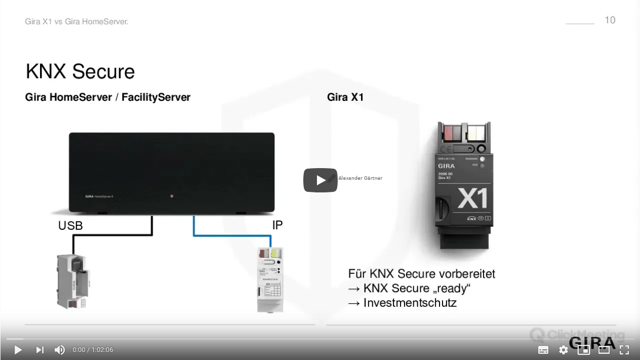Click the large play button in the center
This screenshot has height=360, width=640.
321,180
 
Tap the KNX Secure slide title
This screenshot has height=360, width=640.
80,71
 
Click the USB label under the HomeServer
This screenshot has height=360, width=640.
70,226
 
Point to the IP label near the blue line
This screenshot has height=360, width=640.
277,225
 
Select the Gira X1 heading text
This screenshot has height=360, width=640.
345,97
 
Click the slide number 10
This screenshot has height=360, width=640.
610,20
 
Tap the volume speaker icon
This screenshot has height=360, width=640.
59,350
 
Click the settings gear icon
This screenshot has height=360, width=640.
563,350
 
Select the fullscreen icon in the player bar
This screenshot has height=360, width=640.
624,350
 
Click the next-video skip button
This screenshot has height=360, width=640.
40,350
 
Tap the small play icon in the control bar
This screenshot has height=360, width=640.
18,350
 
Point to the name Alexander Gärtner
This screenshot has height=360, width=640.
360,178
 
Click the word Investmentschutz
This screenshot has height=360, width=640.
410,303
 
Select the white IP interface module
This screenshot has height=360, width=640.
270,279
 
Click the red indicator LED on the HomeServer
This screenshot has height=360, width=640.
172,195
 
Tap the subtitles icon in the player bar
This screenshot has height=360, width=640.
543,350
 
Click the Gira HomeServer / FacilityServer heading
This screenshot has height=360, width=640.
108,97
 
